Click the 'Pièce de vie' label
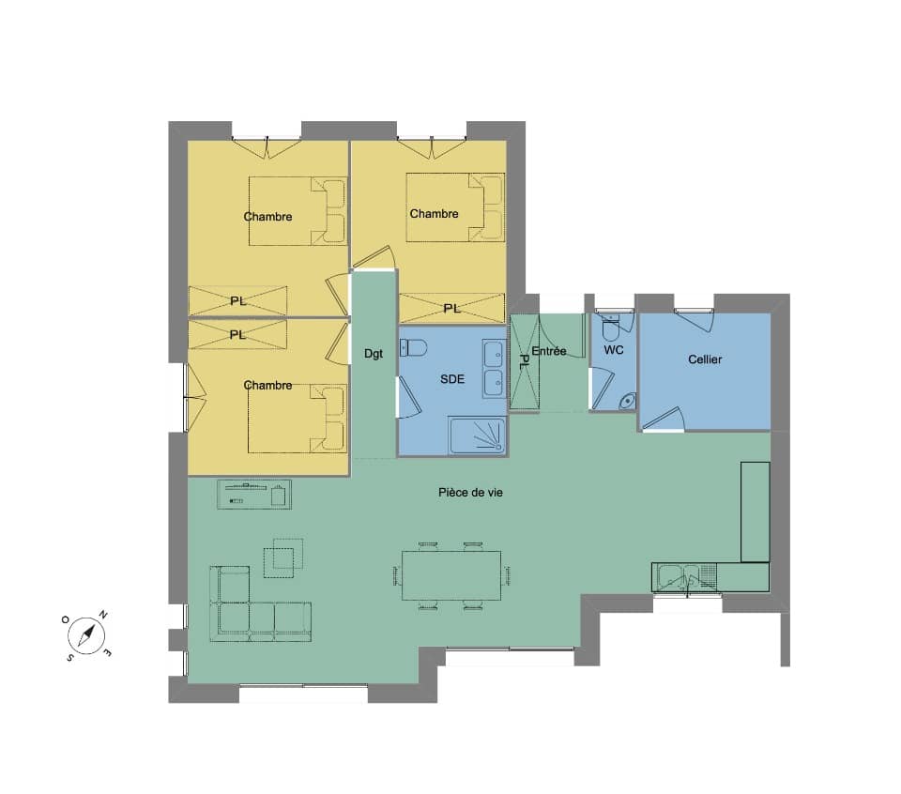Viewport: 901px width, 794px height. coord(470,493)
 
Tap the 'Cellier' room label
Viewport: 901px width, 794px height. coord(705,359)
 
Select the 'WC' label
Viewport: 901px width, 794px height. coord(614,350)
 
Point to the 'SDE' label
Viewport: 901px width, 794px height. coord(452,378)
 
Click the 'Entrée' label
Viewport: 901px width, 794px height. coord(549,350)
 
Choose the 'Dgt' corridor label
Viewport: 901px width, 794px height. coord(374,353)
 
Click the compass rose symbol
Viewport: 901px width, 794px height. coord(86,635)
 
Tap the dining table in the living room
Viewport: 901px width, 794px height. coord(451,575)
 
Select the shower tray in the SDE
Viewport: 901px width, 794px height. coord(477,435)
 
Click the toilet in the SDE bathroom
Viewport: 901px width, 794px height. coord(414,347)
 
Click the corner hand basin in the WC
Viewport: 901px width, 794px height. coord(628,401)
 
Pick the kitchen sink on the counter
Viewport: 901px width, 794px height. coord(684,577)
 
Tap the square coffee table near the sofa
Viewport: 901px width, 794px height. coord(283,557)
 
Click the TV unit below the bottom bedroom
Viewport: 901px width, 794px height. coord(254,494)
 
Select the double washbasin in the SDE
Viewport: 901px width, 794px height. coord(495,368)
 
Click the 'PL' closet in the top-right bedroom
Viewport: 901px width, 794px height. coord(451,309)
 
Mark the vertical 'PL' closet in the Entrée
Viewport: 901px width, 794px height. coord(525,362)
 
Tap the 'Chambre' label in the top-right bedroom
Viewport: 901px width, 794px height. coord(434,214)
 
